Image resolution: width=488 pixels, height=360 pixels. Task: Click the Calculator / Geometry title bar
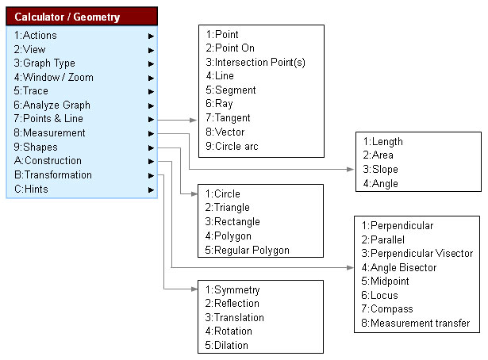point(82,17)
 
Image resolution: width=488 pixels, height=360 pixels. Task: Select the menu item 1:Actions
point(35,36)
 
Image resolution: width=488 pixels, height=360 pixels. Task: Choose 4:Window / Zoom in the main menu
point(53,77)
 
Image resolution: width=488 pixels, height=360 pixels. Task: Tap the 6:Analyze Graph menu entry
point(52,105)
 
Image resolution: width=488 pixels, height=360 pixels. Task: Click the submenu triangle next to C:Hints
point(151,190)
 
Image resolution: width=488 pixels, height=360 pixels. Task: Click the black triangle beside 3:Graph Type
point(151,63)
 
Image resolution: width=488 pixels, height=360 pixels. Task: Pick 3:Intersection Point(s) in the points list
point(256,62)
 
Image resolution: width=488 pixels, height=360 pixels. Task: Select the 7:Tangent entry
point(228,118)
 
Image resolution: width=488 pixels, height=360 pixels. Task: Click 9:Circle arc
point(232,146)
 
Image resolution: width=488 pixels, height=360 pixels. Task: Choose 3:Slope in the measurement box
point(380,169)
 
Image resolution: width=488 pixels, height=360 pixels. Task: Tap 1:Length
point(382,141)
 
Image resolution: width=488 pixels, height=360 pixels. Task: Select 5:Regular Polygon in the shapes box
point(247,250)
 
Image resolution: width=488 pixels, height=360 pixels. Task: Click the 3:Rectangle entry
point(232,222)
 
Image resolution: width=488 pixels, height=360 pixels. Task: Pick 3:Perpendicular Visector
point(417,254)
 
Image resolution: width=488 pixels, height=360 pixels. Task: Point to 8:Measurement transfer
point(416,323)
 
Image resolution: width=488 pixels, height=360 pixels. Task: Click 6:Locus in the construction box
point(379,295)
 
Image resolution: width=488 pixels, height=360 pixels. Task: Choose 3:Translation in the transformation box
point(234,317)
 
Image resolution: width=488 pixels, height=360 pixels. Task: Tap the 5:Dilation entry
point(227,345)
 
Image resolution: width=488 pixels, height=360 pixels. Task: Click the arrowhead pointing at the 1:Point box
point(194,120)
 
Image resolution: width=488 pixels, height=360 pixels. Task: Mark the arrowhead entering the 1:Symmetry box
point(194,289)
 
